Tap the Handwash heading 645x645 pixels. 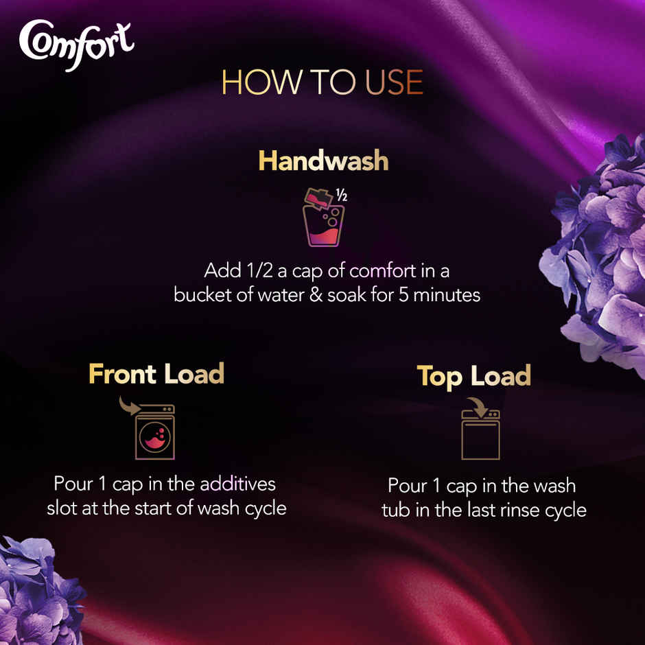323,161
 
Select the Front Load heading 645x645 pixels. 156,374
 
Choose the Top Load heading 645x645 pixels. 474,376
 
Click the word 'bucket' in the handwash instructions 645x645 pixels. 200,296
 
